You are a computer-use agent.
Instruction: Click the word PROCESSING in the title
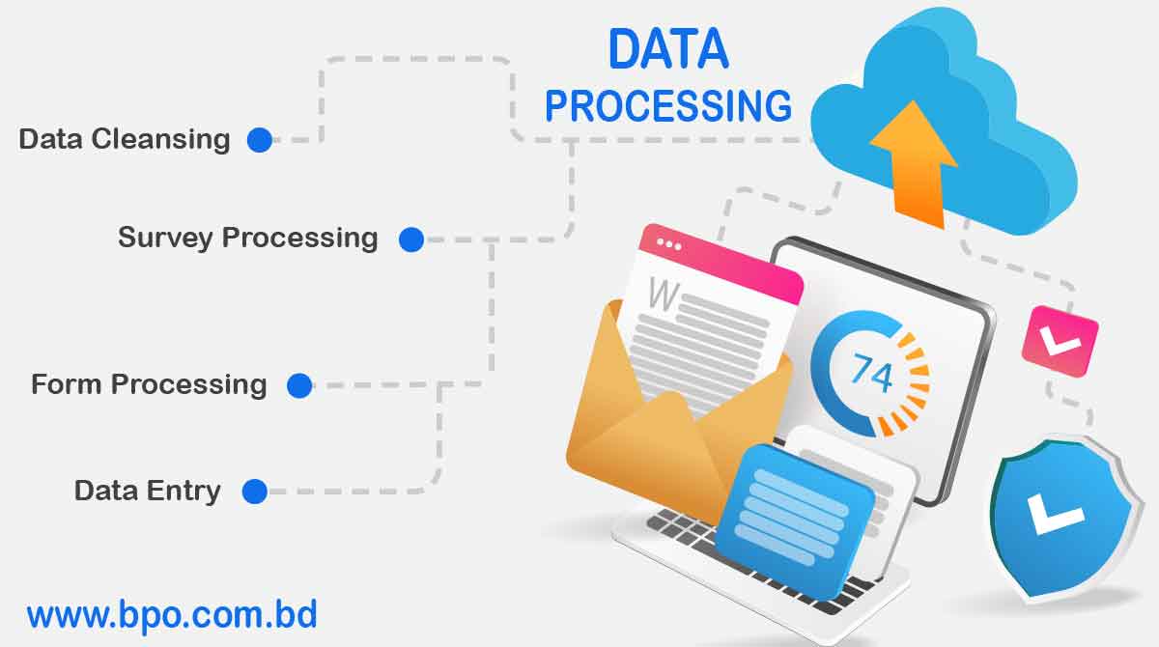(668, 105)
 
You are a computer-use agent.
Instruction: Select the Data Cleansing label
(125, 139)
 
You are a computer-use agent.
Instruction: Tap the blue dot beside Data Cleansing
(259, 140)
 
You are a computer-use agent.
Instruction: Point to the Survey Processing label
(247, 238)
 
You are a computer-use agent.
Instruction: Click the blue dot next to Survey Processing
(411, 239)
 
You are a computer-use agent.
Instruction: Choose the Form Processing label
(149, 384)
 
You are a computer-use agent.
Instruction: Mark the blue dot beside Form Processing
(299, 386)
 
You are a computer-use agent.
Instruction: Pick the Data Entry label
(148, 491)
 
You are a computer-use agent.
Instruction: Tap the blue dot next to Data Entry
(254, 492)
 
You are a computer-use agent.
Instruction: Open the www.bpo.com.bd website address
(172, 614)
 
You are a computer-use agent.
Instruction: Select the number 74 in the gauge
(870, 373)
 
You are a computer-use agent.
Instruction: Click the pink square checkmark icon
(1060, 340)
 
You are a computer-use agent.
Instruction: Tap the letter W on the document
(663, 294)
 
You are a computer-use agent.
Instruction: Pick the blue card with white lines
(794, 512)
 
